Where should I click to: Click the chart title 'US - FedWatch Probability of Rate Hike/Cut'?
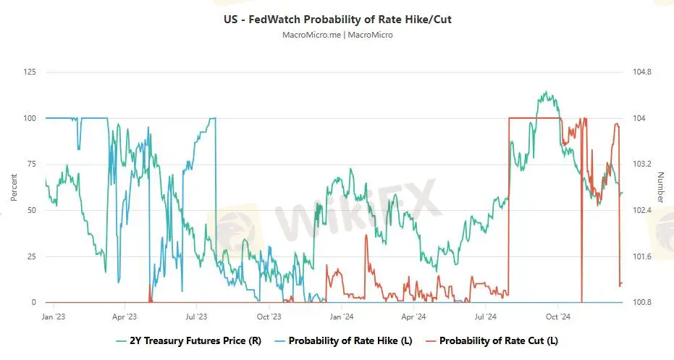click(337, 20)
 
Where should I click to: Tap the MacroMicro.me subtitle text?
click(337, 35)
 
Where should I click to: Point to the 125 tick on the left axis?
click(30, 72)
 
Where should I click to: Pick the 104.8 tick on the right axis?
click(642, 72)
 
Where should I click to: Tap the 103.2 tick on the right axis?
click(642, 164)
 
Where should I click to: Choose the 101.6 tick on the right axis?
click(642, 256)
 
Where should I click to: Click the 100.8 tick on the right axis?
click(642, 302)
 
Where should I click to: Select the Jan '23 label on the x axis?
click(53, 317)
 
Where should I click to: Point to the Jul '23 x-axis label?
click(196, 317)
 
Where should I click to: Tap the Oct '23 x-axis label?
click(269, 317)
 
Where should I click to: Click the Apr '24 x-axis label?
click(413, 317)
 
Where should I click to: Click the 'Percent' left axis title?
click(14, 188)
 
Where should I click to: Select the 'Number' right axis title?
click(660, 188)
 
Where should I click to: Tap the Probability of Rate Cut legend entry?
click(492, 340)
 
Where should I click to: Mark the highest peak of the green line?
click(544, 92)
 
